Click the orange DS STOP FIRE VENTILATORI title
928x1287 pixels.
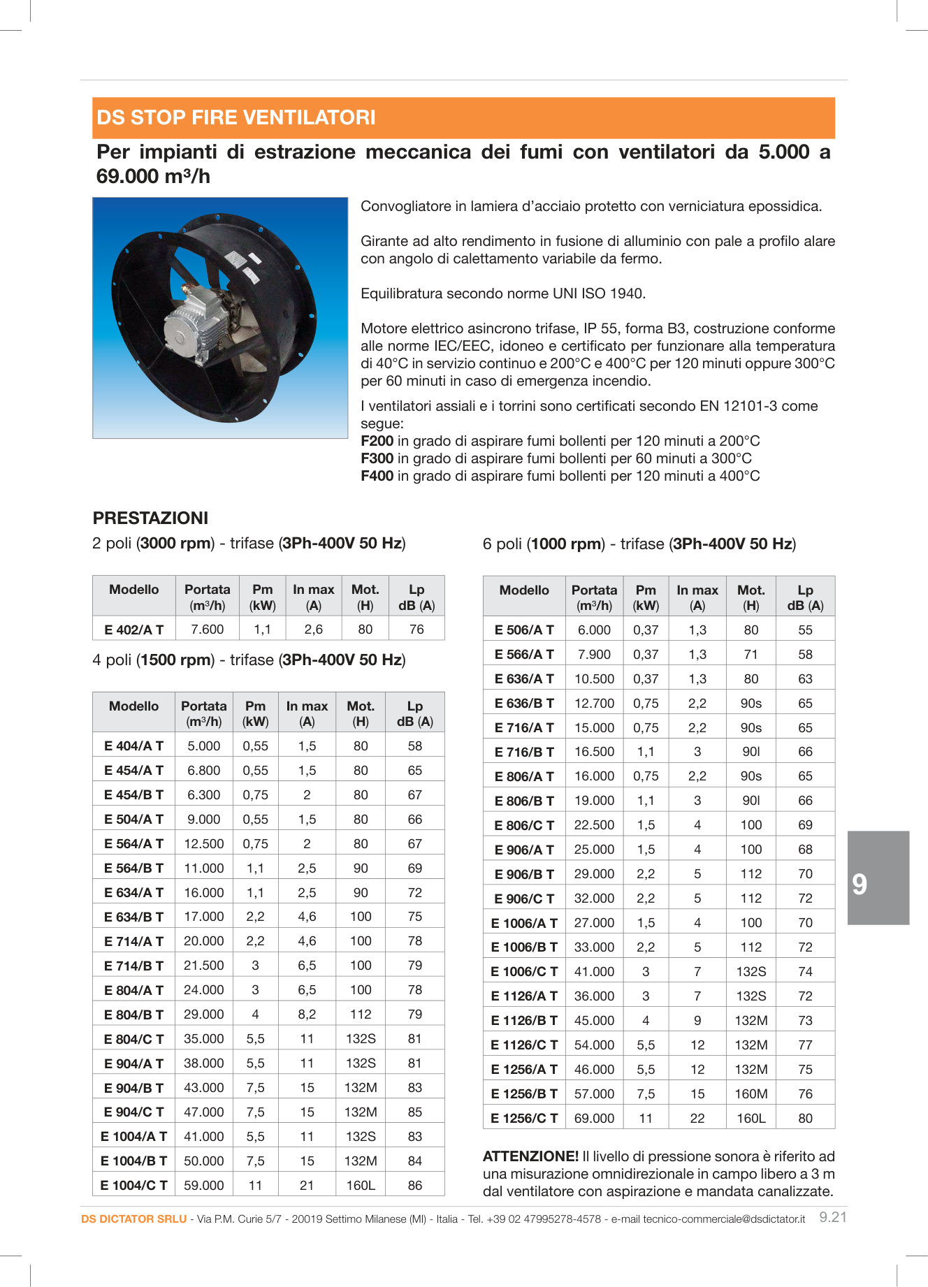pos(236,117)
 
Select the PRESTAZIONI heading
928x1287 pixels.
pos(150,518)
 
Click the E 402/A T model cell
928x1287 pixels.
pos(133,630)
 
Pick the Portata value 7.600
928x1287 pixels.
pos(208,629)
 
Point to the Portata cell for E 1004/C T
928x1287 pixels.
pos(203,1185)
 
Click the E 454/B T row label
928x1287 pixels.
pos(133,794)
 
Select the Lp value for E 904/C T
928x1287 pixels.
pos(415,1112)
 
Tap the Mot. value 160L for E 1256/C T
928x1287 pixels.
pos(751,1118)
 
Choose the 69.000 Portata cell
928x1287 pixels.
pos(594,1118)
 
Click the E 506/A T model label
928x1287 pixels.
pos(524,630)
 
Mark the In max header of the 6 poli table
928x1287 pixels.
pos(697,597)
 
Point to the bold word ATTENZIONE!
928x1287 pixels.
pos(530,1156)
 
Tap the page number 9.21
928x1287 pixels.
pos(832,1217)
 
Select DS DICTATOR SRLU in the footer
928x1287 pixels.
pos(133,1219)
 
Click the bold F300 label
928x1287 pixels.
pos(377,458)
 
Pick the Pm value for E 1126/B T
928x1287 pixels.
pos(646,1020)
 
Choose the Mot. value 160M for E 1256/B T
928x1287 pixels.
pos(751,1093)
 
